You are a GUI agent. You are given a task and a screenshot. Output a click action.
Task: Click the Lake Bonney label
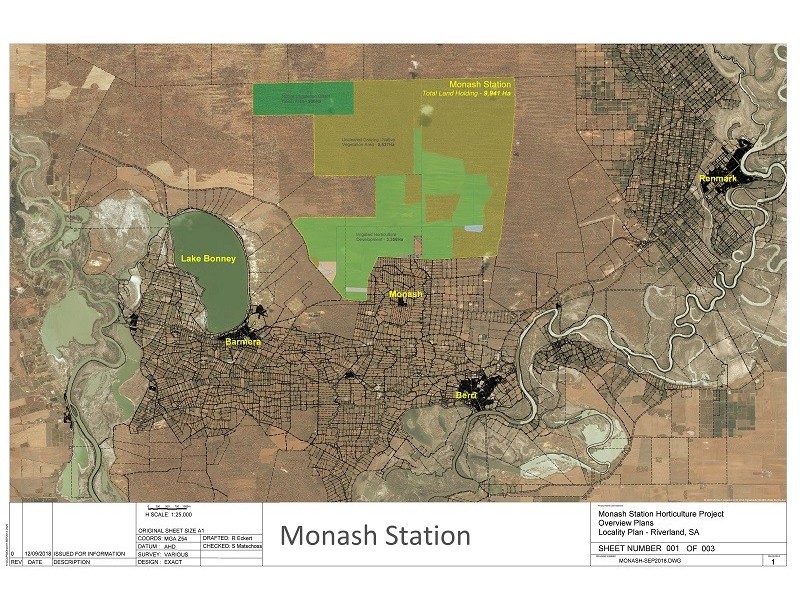pyautogui.click(x=208, y=259)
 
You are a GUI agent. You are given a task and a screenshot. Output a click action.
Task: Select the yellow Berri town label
pyautogui.click(x=466, y=396)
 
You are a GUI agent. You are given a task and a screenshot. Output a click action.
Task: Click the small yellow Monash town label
pyautogui.click(x=406, y=295)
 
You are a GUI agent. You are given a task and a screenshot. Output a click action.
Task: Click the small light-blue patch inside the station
pyautogui.click(x=474, y=228)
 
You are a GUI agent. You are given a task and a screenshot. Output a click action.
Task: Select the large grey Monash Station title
pyautogui.click(x=375, y=535)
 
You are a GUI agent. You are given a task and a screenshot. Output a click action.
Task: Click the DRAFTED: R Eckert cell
pyautogui.click(x=231, y=537)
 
